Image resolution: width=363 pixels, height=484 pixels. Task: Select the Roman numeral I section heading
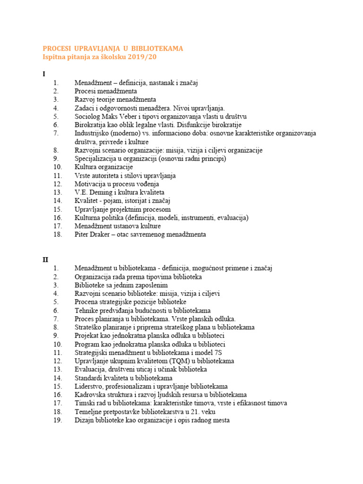(44, 74)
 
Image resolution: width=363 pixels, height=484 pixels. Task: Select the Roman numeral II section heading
(45, 259)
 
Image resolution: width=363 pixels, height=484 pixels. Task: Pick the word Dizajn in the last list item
(85, 420)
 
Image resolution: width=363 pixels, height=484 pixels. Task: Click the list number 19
(58, 420)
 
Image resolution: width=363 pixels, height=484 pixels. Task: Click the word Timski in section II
(85, 403)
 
